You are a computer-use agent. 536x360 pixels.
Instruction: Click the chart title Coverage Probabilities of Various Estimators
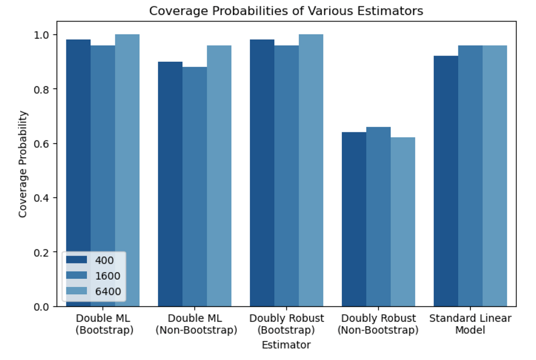(x=286, y=11)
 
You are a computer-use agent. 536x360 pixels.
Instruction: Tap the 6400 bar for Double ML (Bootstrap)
(x=127, y=170)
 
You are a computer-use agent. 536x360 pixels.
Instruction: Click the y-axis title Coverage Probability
(x=23, y=164)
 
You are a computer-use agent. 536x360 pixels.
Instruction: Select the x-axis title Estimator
(x=286, y=345)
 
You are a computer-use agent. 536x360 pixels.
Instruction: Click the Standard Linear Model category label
(x=470, y=324)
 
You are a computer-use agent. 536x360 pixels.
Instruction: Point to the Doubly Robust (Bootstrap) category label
(x=286, y=324)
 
